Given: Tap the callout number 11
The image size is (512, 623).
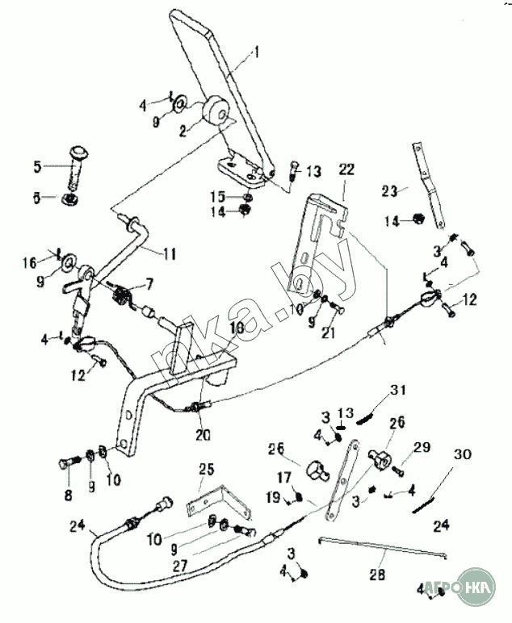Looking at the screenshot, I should pos(168,253).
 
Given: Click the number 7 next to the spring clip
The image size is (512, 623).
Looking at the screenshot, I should pos(148,283).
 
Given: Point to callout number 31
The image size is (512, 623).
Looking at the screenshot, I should pos(395,392).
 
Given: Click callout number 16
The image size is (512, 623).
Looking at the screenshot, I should pos(52,262).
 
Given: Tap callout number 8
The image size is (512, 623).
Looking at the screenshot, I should pos(68,493).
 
